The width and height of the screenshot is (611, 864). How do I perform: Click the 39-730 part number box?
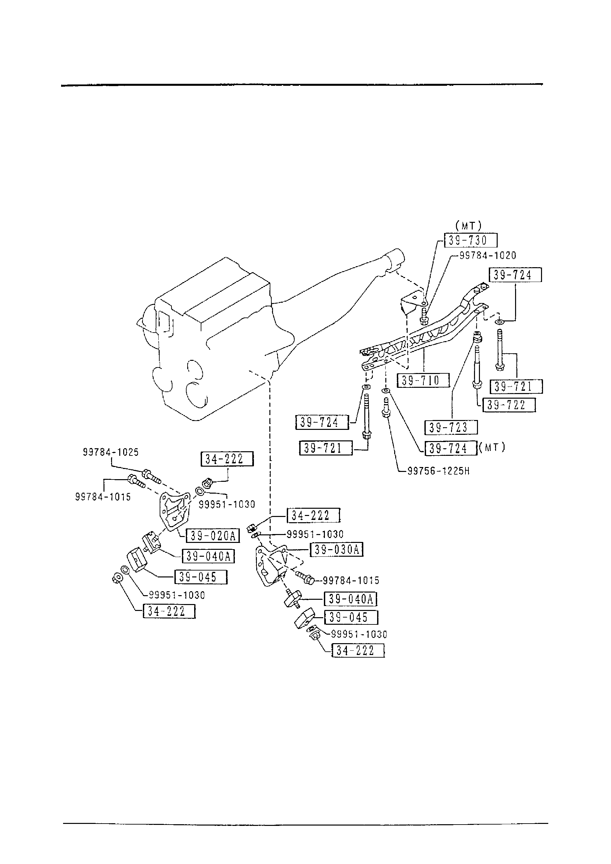click(470, 240)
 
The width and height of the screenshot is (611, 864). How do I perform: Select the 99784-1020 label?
click(487, 255)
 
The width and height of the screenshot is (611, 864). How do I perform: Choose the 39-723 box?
click(451, 428)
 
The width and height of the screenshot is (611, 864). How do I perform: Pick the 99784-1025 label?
click(111, 452)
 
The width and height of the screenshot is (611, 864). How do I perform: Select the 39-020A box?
click(213, 535)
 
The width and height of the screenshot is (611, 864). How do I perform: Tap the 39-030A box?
click(336, 550)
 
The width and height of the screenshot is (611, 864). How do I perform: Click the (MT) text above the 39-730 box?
click(468, 226)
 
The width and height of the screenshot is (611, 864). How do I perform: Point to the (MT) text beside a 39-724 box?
click(492, 447)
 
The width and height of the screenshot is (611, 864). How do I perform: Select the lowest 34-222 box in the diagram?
click(358, 650)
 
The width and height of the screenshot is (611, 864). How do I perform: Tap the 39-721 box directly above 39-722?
click(516, 386)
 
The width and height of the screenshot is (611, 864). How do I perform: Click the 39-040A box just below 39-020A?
click(208, 556)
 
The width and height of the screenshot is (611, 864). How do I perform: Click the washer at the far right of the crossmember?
click(499, 322)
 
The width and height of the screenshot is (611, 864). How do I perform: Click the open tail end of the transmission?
click(395, 259)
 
